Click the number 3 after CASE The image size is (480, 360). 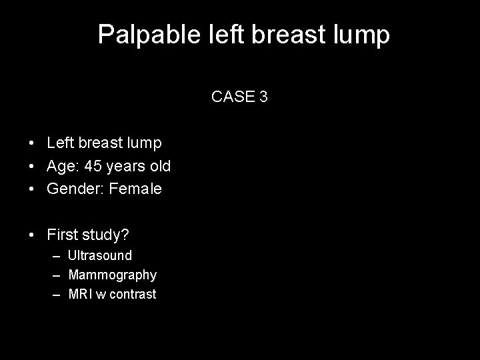pos(264,97)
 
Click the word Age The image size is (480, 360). pos(61,165)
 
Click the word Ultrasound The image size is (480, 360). pos(100,255)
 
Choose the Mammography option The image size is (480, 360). pos(113,275)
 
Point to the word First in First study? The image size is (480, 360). pos(61,234)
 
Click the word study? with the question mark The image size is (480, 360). pos(105,235)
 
